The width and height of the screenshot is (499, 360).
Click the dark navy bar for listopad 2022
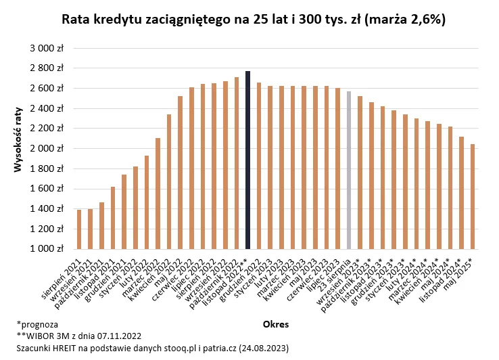coord(248,160)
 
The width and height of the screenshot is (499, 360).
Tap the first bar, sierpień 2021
coord(79,229)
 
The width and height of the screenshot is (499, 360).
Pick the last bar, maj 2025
coord(473,196)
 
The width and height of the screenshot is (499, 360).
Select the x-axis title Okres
coord(276,324)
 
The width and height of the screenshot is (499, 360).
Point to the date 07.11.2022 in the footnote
coord(114,336)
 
